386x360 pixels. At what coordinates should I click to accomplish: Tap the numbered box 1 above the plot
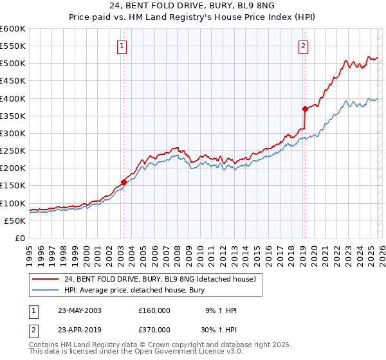pos(122,46)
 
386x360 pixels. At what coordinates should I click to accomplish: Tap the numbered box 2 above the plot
pos(303,46)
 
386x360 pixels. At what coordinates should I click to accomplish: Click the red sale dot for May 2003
pos(124,182)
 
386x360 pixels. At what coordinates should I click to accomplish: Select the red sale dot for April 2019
pos(305,109)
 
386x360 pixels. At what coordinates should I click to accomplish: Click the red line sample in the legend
pos(46,279)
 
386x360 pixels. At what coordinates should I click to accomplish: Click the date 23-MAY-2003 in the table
pos(80,310)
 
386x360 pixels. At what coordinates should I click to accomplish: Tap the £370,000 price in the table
pos(154,329)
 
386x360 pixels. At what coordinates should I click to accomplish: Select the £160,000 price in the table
pos(154,310)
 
